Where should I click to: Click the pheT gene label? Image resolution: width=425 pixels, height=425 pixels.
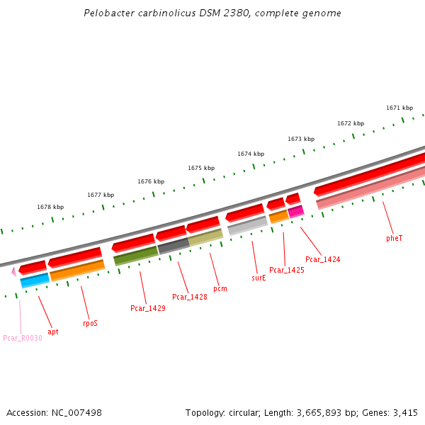395,239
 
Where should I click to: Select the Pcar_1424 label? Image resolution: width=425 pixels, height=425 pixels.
322,260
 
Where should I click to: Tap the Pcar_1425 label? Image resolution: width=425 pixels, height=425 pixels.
287,270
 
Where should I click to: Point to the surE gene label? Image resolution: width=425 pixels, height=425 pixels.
259,278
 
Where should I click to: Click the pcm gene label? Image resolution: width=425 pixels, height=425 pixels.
220,289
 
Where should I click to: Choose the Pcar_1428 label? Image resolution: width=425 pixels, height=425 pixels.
190,297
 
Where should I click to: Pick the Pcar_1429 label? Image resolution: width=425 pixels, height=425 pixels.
148,309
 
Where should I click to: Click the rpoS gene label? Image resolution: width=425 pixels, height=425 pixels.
90,323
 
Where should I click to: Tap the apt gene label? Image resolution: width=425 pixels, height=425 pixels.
53,331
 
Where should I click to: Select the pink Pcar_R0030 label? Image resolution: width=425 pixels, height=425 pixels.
23,338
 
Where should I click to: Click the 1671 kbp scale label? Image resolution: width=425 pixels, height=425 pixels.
399,108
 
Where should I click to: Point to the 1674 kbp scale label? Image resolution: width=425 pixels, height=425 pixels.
251,154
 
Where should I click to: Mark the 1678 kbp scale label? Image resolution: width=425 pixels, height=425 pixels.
50,208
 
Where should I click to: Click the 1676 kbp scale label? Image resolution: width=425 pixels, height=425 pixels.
151,181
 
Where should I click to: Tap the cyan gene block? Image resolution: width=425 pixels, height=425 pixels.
35,280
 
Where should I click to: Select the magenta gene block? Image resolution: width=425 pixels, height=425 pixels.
296,211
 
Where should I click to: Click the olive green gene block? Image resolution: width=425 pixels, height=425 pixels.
135,255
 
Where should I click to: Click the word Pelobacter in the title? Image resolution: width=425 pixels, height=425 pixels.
107,13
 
